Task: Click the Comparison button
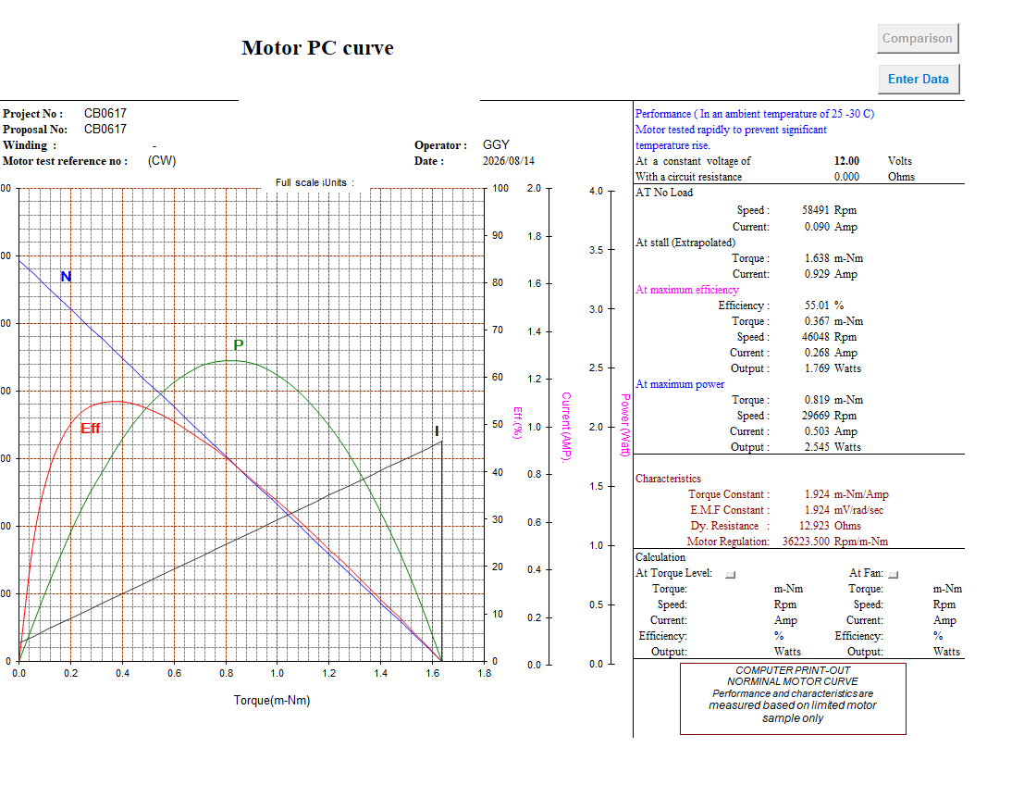(918, 39)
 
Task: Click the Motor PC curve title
(317, 48)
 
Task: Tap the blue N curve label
(66, 277)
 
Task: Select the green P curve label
(239, 344)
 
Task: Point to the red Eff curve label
(90, 428)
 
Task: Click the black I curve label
(437, 430)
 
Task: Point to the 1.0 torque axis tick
(278, 673)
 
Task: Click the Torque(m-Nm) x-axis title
(272, 700)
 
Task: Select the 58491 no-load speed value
(816, 210)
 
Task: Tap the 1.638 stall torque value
(817, 258)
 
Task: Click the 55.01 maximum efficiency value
(817, 305)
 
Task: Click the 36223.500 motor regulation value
(806, 542)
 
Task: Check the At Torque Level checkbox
(731, 575)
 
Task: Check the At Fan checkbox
(894, 575)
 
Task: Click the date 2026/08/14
(509, 161)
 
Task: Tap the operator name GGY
(497, 144)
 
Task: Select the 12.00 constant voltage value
(847, 161)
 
